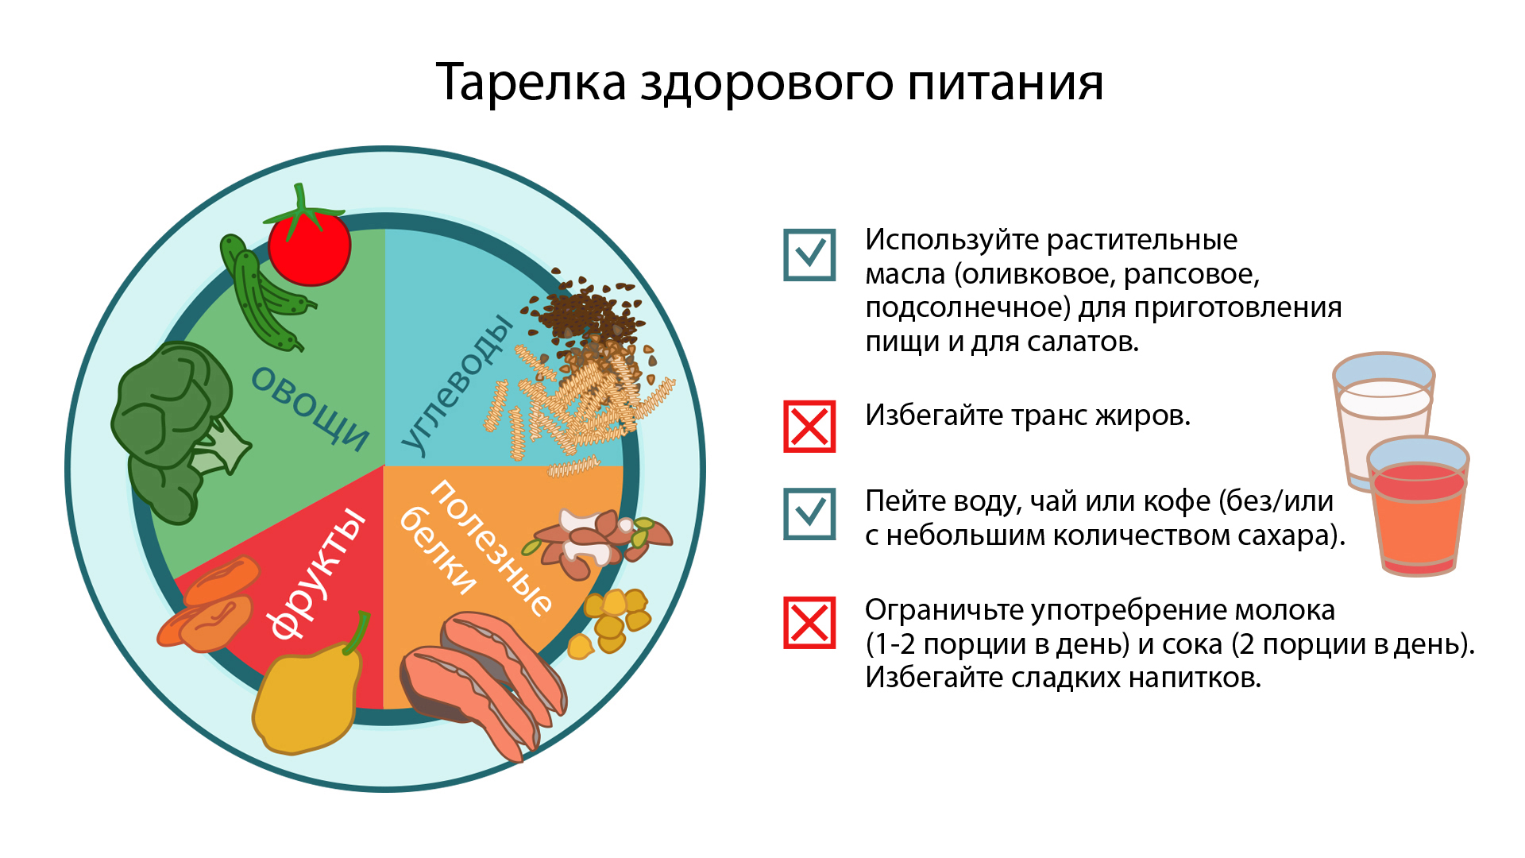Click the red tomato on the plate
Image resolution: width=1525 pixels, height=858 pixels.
pos(309,246)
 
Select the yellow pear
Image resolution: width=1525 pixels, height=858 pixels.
pos(306,695)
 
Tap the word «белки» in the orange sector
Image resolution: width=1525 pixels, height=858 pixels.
pos(438,551)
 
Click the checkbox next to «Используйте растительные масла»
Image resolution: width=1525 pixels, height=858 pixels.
pos(809,255)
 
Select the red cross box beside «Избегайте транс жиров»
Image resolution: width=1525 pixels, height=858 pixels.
pos(809,427)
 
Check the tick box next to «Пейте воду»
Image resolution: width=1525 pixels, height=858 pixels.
pos(809,514)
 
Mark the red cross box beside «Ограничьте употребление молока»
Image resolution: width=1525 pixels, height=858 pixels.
pos(809,623)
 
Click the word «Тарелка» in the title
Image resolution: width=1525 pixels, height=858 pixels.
pos(531,82)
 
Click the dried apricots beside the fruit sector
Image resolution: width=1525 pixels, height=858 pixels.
pos(210,605)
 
